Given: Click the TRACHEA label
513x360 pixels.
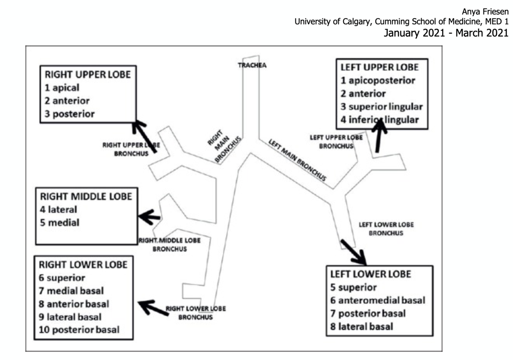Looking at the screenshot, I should (x=252, y=65).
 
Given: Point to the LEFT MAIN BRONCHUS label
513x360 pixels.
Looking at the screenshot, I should (x=297, y=160).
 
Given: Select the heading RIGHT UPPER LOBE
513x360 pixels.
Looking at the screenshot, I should (x=88, y=75).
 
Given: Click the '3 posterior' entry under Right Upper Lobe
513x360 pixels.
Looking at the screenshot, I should (x=70, y=114).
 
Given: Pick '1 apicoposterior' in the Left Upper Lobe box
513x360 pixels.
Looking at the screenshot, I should (x=378, y=81).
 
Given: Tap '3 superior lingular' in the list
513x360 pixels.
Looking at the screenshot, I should (x=381, y=107).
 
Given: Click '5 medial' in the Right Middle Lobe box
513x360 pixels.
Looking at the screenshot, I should (x=60, y=223).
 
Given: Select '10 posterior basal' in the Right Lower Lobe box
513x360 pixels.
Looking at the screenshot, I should (x=79, y=330).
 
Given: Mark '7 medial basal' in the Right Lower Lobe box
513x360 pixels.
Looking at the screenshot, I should (x=71, y=291).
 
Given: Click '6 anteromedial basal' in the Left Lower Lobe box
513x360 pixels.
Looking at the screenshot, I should (x=378, y=300).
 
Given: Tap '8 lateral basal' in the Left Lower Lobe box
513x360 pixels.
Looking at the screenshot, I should (x=361, y=327).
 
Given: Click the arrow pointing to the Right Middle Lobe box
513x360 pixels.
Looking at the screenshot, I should (x=150, y=217).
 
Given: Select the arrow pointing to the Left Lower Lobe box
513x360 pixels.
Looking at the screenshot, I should (x=353, y=252).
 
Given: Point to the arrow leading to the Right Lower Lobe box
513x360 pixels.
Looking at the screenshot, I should (x=153, y=308).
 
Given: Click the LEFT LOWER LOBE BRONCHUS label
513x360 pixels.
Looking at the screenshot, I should (x=386, y=229).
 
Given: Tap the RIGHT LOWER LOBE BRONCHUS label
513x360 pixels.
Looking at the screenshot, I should (x=196, y=313).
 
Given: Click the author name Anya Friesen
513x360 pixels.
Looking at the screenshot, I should (x=485, y=12).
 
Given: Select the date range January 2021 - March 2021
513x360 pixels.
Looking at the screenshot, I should (x=446, y=33).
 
